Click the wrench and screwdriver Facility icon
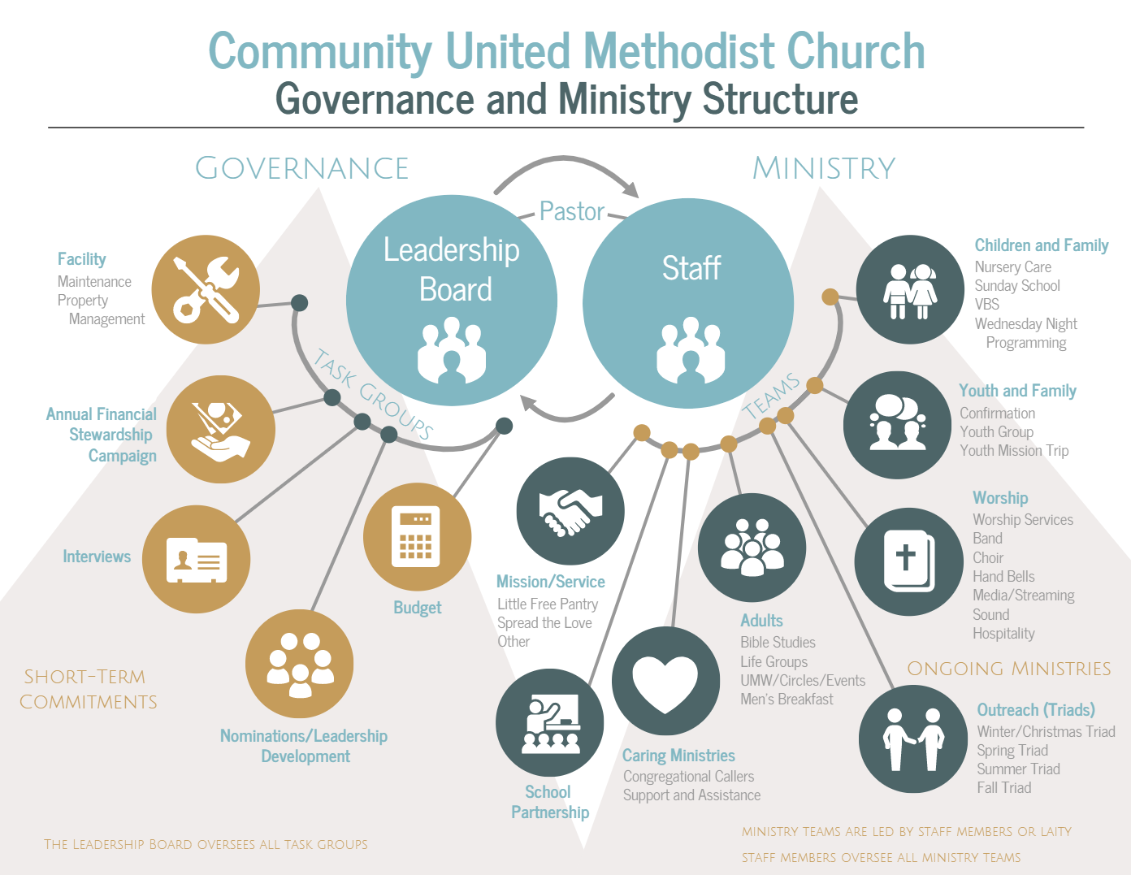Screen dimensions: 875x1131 [x=206, y=289]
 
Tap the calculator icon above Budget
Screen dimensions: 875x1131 [x=416, y=537]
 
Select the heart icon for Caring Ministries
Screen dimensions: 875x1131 [x=665, y=681]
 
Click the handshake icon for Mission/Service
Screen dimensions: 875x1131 [x=570, y=511]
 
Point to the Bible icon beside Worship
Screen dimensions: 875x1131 [x=908, y=561]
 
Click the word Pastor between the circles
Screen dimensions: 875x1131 [x=572, y=211]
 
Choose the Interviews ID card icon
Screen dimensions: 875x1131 [x=196, y=559]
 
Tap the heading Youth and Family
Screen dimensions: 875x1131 [x=1017, y=391]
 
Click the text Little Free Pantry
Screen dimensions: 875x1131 [x=548, y=604]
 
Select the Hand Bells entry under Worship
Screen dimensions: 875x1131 [x=1003, y=576]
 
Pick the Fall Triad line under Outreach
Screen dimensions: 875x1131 [x=1003, y=787]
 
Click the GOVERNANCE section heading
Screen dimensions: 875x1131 [x=301, y=168]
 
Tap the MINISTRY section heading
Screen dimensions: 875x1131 [x=824, y=168]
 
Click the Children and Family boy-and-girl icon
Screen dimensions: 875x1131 [x=910, y=290]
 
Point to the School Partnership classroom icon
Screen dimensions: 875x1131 [x=550, y=722]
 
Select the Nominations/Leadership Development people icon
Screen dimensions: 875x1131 [x=299, y=664]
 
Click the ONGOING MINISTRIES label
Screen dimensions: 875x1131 [x=1008, y=669]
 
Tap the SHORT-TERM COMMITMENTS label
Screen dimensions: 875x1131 [x=89, y=689]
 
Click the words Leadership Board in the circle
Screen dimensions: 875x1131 [x=452, y=269]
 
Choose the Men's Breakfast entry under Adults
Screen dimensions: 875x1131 [x=786, y=699]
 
